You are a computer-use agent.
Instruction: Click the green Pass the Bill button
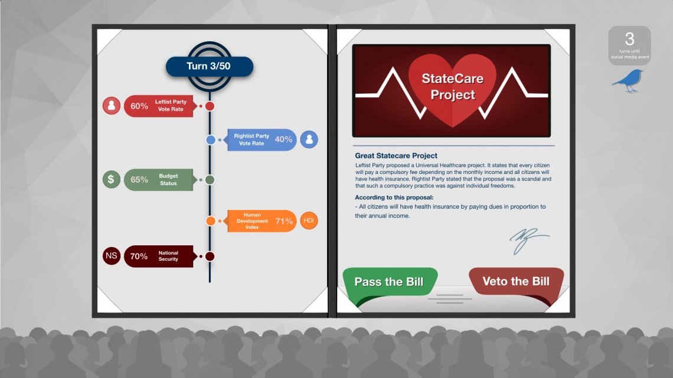tap(390, 281)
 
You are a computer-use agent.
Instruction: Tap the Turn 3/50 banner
tap(210, 67)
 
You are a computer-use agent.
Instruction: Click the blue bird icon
tap(628, 81)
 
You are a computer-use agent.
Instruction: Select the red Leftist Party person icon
tap(111, 106)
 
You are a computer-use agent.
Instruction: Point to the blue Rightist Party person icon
tap(309, 139)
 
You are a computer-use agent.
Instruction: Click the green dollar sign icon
tap(111, 180)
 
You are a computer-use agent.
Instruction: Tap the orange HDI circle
tap(309, 221)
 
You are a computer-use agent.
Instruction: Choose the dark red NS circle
tap(111, 256)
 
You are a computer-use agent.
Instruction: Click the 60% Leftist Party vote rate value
tap(139, 106)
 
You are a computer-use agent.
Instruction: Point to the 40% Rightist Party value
tap(283, 139)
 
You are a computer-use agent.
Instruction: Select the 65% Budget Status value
tap(139, 180)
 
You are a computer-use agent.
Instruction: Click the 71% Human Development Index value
tap(284, 221)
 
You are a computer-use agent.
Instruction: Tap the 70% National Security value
tap(139, 257)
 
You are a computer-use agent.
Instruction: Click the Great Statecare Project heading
tap(396, 156)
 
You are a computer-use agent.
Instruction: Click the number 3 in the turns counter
tap(630, 40)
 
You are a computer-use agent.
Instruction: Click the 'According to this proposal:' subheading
tap(394, 198)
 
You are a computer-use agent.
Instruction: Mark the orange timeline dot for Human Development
tap(211, 221)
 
